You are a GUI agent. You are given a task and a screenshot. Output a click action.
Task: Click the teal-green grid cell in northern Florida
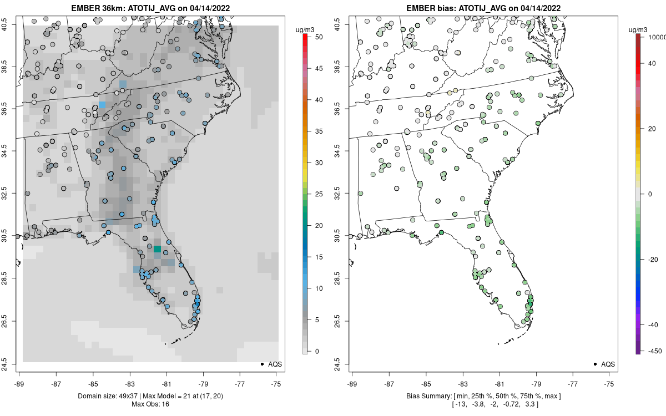point(158,249)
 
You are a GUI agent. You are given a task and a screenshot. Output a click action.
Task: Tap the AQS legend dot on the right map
point(595,364)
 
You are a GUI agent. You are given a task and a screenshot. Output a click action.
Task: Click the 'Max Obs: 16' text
point(150,404)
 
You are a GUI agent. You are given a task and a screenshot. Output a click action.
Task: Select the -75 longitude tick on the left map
point(277,384)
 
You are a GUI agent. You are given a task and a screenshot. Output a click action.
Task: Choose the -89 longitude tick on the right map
point(352,384)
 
